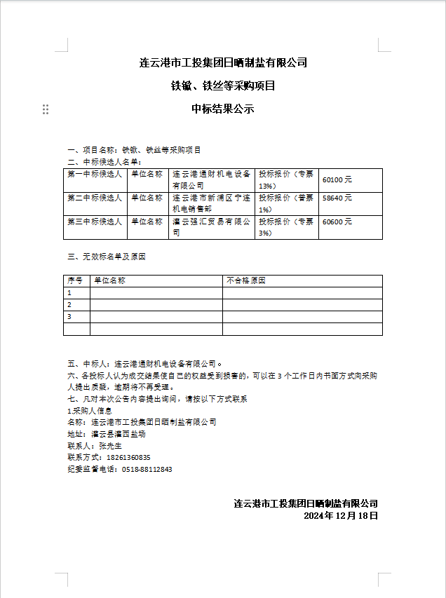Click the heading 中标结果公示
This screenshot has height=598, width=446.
tap(223, 109)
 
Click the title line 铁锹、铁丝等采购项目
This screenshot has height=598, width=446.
tap(223, 86)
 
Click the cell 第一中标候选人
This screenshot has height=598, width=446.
tap(95, 174)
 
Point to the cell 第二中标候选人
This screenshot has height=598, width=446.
tap(95, 198)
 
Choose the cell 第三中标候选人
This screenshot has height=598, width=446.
tap(95, 222)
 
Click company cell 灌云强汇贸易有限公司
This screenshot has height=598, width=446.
tap(211, 227)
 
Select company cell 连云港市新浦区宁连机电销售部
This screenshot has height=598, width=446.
tap(211, 203)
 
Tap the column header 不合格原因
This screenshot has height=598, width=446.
tap(245, 280)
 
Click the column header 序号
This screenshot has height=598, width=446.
tap(75, 280)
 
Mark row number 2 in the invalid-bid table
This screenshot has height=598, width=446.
tap(69, 305)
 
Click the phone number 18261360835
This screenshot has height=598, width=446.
tap(128, 457)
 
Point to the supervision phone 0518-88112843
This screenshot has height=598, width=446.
tap(147, 469)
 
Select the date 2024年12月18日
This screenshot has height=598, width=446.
tap(341, 515)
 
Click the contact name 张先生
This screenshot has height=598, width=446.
tap(110, 445)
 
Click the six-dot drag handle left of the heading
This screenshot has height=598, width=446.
tap(46, 109)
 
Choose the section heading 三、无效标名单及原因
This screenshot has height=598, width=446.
tap(105, 257)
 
